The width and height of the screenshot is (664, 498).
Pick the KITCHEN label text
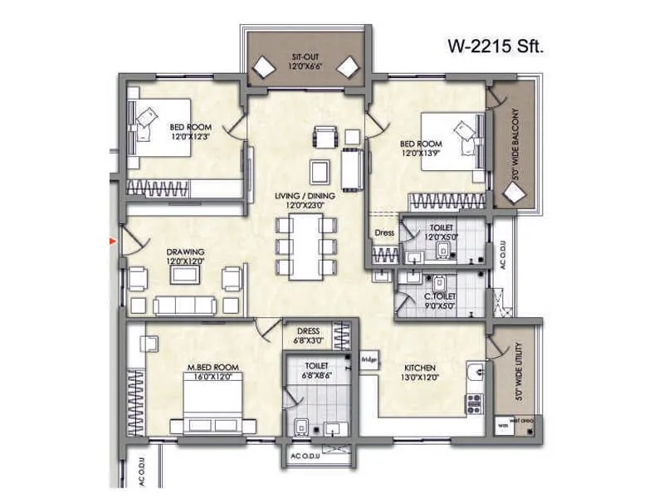pos(419,368)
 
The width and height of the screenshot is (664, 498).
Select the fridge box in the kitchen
pos(369,359)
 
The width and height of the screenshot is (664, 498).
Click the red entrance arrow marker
pos(113,242)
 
